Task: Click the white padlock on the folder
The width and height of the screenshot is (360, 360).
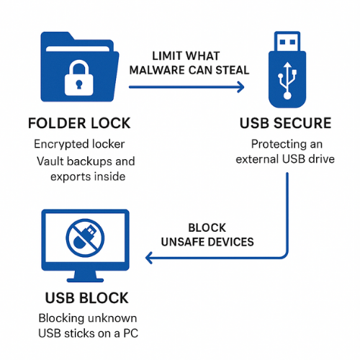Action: click(76, 77)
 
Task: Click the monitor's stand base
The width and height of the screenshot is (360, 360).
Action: click(85, 282)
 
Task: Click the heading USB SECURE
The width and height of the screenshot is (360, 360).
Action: click(286, 122)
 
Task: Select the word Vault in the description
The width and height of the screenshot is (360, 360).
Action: click(50, 161)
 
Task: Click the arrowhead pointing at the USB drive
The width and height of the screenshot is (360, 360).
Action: click(239, 86)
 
